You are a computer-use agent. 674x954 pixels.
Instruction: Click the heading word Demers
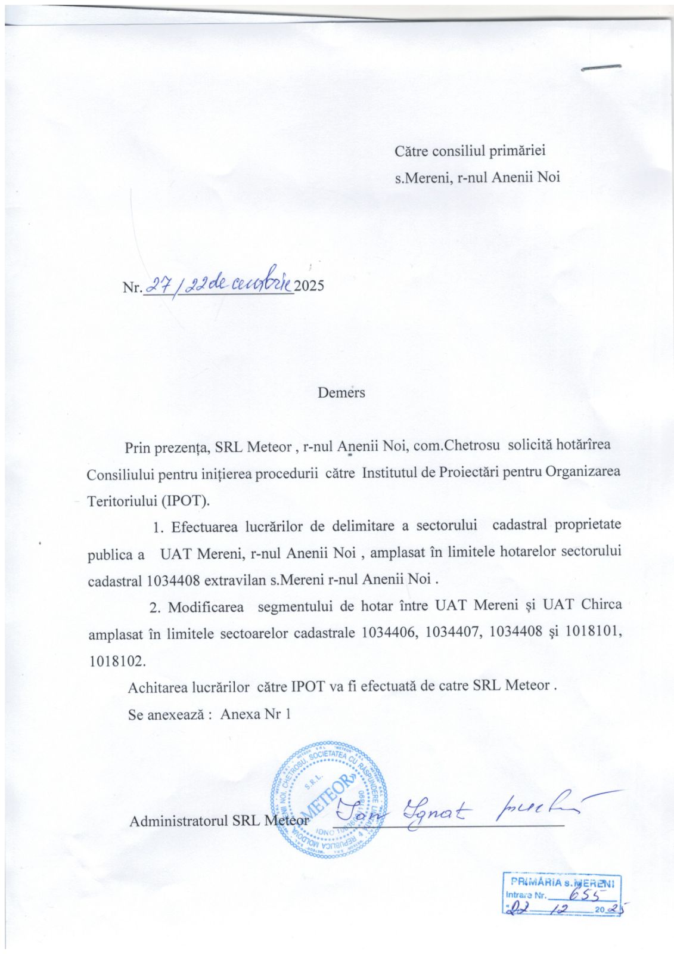(341, 392)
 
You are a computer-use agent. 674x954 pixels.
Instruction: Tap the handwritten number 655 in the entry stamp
(584, 894)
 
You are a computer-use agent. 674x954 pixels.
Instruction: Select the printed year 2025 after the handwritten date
(309, 286)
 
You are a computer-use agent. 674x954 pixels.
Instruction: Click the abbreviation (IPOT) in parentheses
(185, 500)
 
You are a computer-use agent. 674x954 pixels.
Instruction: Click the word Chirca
(601, 605)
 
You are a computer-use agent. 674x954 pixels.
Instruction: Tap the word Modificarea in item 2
(206, 607)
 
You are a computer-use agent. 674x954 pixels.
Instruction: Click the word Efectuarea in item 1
(204, 526)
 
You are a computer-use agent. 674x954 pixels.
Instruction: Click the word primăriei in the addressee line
(517, 151)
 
